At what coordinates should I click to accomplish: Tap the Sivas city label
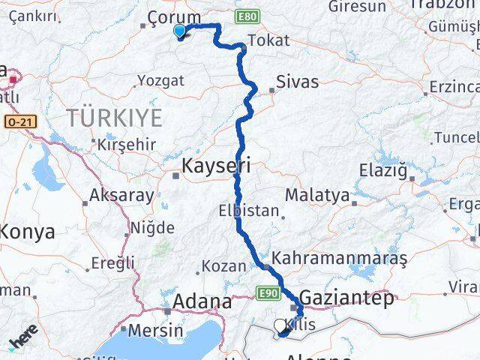click(297, 82)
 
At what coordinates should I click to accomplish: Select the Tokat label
click(268, 40)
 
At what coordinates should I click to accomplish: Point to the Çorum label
click(174, 17)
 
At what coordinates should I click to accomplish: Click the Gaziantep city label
click(346, 299)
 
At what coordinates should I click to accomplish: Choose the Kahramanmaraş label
click(339, 258)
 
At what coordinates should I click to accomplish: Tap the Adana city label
click(202, 301)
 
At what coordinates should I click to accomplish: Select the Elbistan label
click(249, 211)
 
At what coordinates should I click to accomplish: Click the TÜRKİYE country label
click(114, 117)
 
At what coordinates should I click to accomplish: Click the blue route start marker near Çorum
click(180, 31)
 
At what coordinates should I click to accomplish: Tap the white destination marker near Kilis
click(280, 325)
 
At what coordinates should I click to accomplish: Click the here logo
click(24, 337)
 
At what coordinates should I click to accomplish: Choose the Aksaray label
click(121, 196)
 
